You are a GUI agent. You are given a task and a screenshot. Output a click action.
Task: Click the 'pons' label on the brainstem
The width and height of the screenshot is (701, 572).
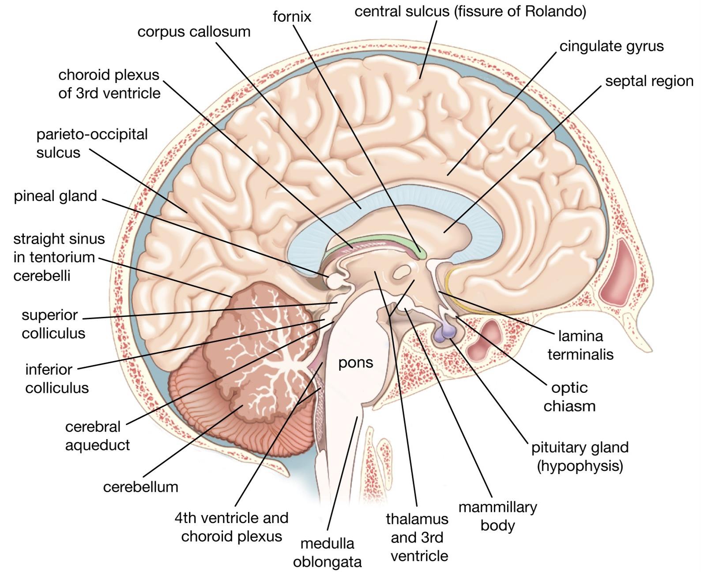point(355,363)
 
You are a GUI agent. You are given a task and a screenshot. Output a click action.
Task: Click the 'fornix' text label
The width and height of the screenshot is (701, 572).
point(292,16)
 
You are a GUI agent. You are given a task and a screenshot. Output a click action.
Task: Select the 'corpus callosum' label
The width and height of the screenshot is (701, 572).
point(194,32)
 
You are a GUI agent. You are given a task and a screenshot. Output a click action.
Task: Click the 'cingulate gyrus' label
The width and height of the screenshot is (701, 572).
point(611,46)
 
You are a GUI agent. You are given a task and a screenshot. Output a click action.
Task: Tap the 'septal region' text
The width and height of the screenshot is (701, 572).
point(649,81)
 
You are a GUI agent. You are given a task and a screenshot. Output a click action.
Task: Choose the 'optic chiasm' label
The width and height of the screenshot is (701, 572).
point(569,397)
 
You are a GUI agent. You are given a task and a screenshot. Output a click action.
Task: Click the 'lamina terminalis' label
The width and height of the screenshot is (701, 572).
point(580,345)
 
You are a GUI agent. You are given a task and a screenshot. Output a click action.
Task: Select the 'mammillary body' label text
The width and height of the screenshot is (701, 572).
point(497,516)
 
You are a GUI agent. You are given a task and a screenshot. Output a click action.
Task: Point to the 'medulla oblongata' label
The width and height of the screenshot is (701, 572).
point(327,553)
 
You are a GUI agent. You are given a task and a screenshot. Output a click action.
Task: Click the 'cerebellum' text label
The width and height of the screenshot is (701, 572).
point(140,487)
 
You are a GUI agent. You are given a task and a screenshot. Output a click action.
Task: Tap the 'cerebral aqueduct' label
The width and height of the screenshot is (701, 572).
point(97,436)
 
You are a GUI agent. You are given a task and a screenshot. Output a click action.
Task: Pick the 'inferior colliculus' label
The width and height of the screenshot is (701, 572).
point(57,379)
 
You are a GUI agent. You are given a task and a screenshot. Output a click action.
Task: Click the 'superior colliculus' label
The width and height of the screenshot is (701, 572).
point(53,324)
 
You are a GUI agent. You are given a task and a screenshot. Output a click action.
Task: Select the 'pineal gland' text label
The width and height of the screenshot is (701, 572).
point(55,196)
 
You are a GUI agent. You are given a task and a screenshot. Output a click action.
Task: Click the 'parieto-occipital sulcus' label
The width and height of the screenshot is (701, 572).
point(91,143)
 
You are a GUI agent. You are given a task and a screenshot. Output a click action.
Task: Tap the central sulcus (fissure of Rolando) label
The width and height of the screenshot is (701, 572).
point(470,11)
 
